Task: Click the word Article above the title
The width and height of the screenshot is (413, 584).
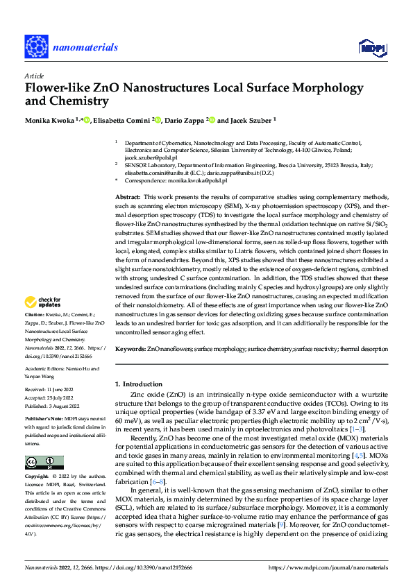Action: point(33,75)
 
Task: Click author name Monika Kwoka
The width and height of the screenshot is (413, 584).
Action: point(51,120)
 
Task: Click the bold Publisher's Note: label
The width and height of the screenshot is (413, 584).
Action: point(44,420)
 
